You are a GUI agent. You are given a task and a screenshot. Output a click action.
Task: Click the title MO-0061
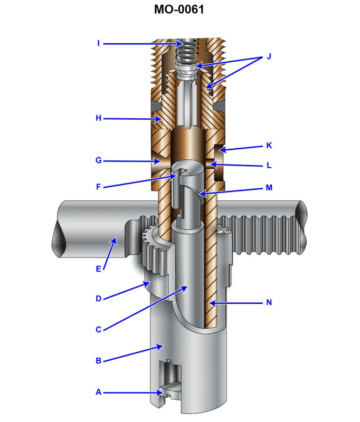180,9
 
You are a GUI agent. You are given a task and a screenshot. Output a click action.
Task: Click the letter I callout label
99,43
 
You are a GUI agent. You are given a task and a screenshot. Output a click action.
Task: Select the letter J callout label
269,56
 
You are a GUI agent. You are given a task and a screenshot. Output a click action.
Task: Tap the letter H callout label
99,119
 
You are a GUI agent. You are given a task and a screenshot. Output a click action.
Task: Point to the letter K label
269,145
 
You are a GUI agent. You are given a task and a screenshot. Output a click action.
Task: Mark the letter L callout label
269,166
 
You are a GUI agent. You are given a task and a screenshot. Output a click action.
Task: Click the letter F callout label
99,186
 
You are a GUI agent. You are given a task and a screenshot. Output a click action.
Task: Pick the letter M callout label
269,188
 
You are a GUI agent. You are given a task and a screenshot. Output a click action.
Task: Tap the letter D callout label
99,299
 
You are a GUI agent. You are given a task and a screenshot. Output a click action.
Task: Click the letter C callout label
99,330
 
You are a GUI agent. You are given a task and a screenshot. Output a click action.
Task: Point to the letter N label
269,303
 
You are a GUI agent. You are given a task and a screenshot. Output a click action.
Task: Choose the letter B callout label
99,361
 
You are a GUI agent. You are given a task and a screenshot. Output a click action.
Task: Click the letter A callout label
99,392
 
